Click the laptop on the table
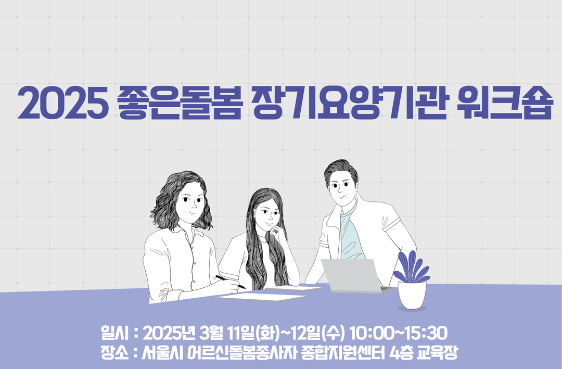coord(353,275)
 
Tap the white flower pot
coord(412,295)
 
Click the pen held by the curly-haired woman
coord(231,282)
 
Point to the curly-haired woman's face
coord(190,202)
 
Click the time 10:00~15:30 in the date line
coord(398,333)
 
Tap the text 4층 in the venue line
coord(400,352)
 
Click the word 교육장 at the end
coord(437,352)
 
